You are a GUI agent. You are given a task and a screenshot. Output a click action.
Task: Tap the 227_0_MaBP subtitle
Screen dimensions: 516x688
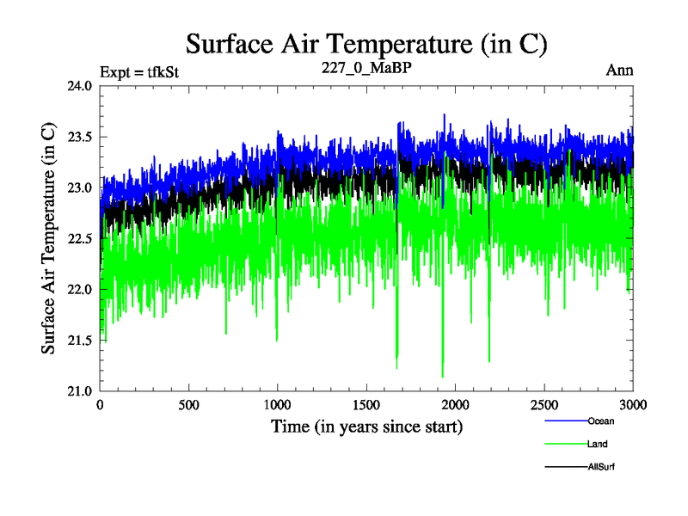click(x=367, y=71)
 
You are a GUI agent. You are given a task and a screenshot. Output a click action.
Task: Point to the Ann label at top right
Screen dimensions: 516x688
click(x=620, y=71)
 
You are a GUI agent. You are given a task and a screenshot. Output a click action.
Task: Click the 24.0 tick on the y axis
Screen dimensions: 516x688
click(x=78, y=86)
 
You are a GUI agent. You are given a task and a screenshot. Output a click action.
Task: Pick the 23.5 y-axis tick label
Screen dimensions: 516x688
click(x=78, y=137)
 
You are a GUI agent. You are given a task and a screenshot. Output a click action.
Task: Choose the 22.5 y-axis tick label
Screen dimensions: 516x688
click(x=78, y=238)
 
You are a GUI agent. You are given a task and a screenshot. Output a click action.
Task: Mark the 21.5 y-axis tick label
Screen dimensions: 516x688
click(x=78, y=341)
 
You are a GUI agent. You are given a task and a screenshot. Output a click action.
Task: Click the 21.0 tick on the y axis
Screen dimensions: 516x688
click(x=78, y=391)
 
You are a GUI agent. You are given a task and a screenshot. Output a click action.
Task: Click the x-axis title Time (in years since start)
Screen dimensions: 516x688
click(x=367, y=427)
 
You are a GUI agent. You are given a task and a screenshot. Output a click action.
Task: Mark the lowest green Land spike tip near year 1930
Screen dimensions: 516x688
click(x=442, y=377)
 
